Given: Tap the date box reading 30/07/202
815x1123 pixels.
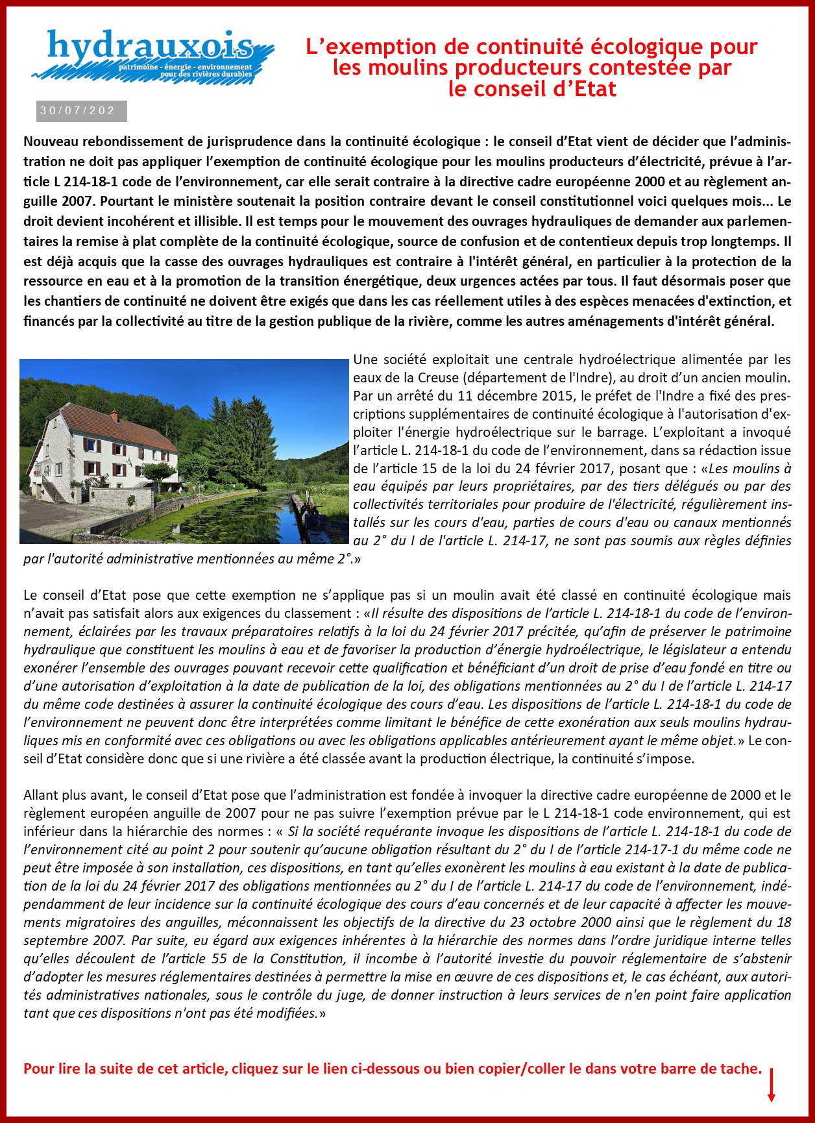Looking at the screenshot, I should coord(81,111).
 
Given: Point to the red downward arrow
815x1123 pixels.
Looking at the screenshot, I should coord(772,1084).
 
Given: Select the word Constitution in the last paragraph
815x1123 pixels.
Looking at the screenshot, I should coord(306,959).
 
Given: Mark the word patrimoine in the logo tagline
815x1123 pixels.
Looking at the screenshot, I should coord(138,67).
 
